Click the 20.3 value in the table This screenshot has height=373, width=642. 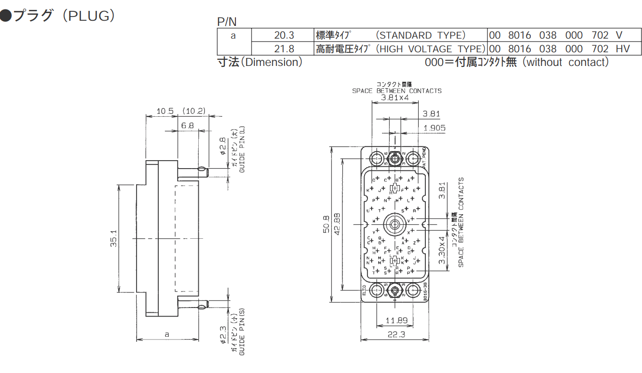click(284, 35)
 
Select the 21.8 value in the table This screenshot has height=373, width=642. click(284, 49)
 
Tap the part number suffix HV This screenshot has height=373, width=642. click(622, 49)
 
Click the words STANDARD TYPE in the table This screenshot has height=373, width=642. click(422, 35)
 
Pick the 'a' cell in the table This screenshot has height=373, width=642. click(234, 35)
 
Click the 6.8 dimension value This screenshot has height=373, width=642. click(187, 126)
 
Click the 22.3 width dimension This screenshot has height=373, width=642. click(396, 334)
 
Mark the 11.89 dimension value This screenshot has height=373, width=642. click(396, 321)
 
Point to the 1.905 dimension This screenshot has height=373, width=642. click(434, 128)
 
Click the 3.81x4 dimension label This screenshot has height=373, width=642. click(395, 98)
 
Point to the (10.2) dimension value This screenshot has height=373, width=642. click(194, 111)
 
